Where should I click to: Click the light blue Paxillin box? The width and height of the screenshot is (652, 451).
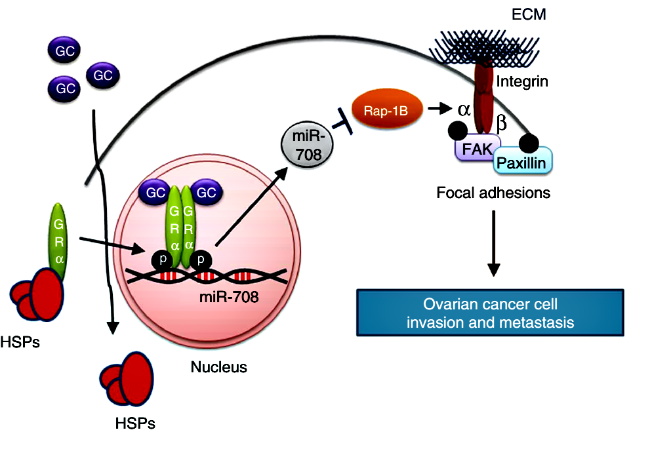click(x=523, y=163)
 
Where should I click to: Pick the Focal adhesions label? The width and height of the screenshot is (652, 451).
click(x=493, y=193)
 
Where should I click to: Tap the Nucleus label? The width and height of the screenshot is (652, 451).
click(x=218, y=367)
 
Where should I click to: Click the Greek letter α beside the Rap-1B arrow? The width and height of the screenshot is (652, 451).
click(x=464, y=109)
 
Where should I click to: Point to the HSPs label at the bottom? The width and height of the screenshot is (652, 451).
click(x=133, y=423)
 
